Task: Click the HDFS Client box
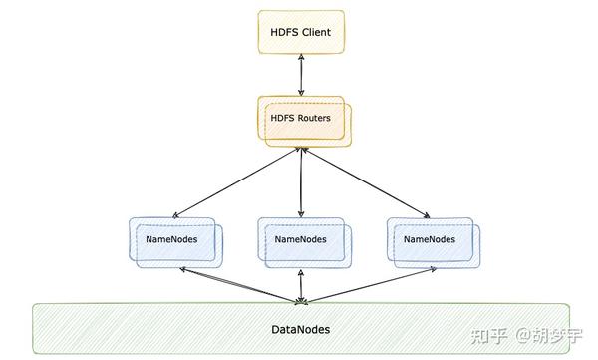pos(300,32)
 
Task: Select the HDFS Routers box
pos(301,120)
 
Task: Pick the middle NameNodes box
pos(301,240)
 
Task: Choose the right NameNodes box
pos(430,240)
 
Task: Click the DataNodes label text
pos(301,329)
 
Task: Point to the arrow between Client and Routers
pos(300,76)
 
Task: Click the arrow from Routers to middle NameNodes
pos(301,183)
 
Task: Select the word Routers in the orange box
pos(314,119)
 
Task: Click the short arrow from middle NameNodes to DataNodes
pos(301,285)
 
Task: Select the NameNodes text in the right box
pos(428,240)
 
